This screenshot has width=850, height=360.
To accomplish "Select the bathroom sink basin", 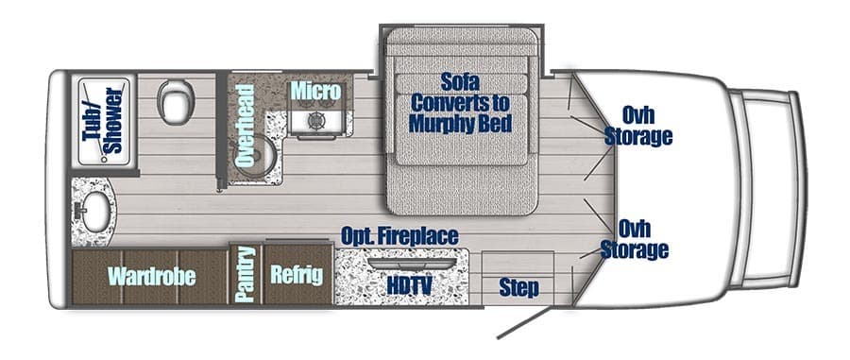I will (x=91, y=214).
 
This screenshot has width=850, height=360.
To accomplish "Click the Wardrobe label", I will (x=151, y=276).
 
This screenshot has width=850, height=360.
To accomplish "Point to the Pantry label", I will (x=246, y=275).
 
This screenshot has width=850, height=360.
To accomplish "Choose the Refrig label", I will (x=296, y=275).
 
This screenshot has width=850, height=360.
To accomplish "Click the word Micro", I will (x=314, y=91).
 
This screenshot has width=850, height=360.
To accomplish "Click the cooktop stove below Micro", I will (x=314, y=121).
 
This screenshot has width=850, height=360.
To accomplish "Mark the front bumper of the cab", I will (x=790, y=179).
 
